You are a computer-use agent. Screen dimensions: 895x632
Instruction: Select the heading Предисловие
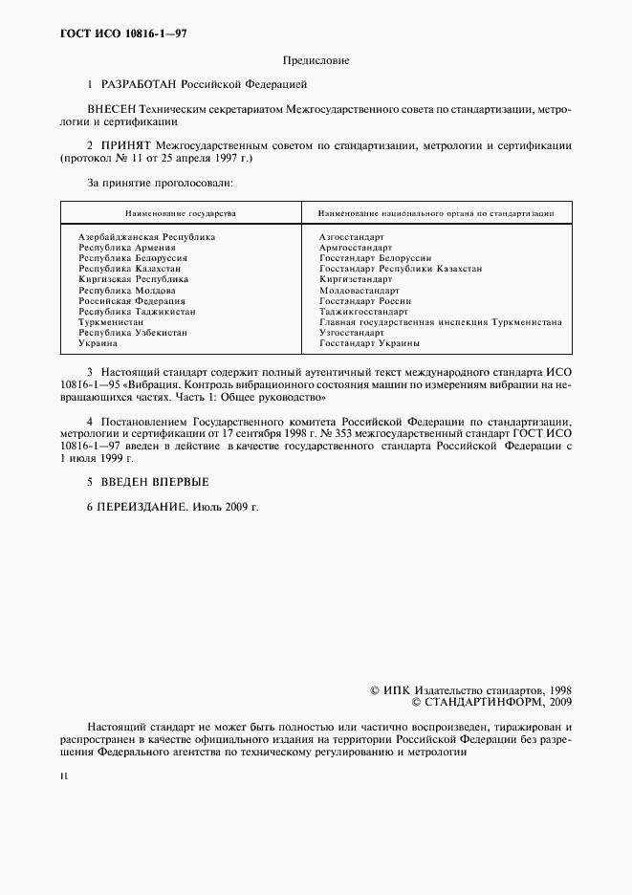pyautogui.click(x=316, y=60)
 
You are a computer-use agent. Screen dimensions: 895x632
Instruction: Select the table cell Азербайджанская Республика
pyautogui.click(x=146, y=236)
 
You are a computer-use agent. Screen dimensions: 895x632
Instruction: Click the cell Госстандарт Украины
pyautogui.click(x=370, y=343)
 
